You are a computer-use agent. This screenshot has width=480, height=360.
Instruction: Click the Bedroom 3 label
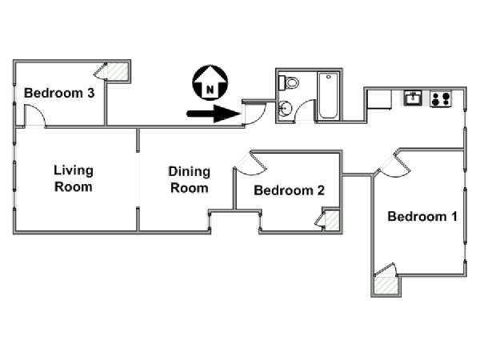click(59, 93)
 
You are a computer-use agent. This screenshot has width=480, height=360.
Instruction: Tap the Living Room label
click(74, 178)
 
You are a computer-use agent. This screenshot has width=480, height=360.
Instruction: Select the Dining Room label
click(189, 180)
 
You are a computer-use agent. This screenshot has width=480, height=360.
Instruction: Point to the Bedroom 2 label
click(289, 190)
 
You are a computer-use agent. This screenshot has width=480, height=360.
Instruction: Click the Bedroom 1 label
click(422, 217)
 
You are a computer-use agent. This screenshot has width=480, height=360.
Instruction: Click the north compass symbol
click(210, 82)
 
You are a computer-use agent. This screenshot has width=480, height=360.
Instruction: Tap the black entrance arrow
click(214, 114)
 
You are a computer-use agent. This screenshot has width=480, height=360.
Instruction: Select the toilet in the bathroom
click(288, 82)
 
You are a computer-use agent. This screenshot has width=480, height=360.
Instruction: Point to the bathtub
click(328, 96)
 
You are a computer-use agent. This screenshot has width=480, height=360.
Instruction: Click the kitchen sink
click(413, 98)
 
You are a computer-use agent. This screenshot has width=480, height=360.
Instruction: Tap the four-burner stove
click(441, 99)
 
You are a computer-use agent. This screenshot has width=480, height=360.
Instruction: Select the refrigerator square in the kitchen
click(379, 99)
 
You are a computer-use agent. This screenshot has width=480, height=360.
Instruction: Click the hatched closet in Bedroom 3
click(117, 72)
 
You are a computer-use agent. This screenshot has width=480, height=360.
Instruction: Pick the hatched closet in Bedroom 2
click(332, 221)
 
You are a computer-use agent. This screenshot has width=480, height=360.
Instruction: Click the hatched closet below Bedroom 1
click(386, 286)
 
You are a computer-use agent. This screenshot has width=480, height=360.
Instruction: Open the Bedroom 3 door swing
click(35, 115)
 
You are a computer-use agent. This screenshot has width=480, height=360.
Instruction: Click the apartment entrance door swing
click(254, 114)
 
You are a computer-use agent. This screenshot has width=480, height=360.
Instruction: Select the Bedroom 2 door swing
click(250, 163)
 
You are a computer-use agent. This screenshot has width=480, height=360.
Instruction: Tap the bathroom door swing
click(305, 111)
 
